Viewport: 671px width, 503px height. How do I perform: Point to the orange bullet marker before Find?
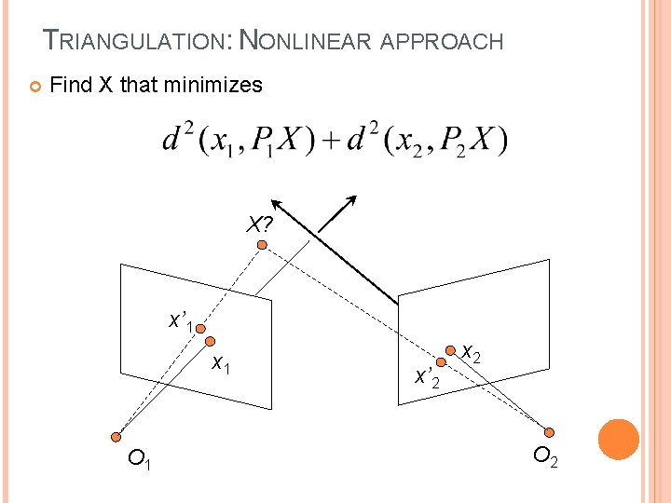click(34, 87)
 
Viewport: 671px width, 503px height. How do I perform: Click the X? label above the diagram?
click(260, 224)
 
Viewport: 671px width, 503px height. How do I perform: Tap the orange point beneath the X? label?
click(263, 245)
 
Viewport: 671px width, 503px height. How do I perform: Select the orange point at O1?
click(116, 436)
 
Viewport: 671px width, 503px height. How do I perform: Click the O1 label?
click(141, 458)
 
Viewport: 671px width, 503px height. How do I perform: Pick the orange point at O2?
click(550, 432)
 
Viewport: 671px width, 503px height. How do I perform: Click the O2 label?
click(546, 457)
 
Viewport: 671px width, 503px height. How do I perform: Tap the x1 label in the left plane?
click(221, 362)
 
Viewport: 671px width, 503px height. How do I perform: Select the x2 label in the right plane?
click(472, 352)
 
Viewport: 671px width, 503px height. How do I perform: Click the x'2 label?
click(427, 377)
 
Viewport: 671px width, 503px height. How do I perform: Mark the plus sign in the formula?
click(329, 143)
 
